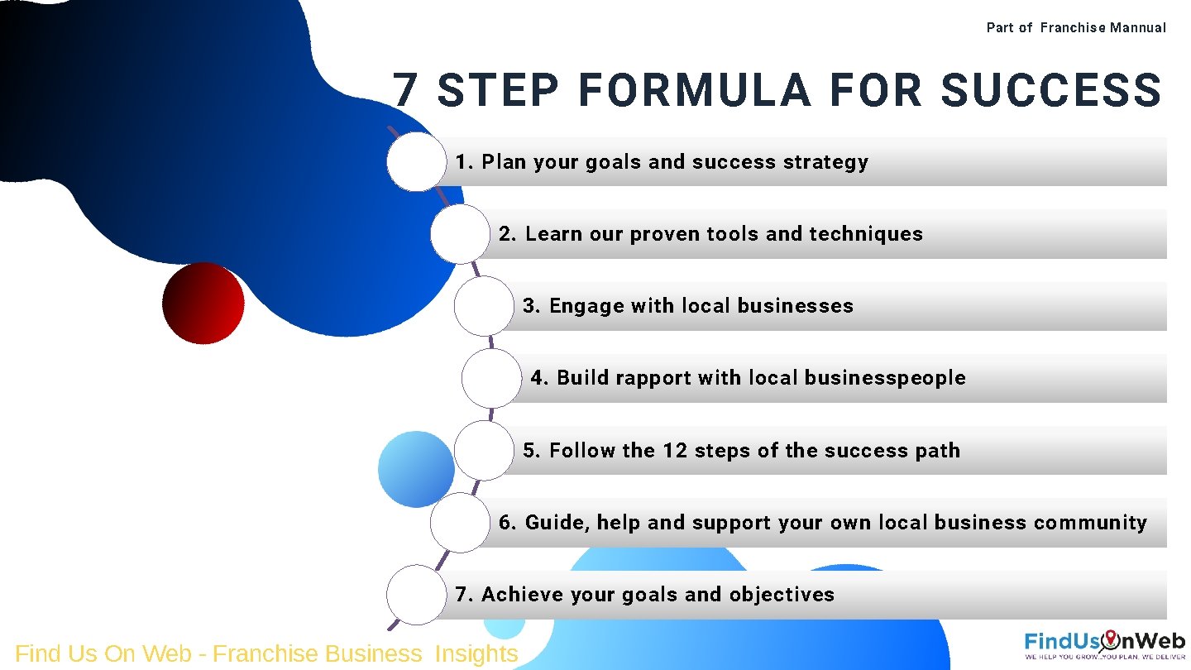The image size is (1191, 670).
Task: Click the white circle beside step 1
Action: pyautogui.click(x=416, y=162)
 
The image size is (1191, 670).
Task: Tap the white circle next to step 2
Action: pyautogui.click(x=460, y=234)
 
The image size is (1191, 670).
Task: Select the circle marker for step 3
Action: pyautogui.click(x=484, y=306)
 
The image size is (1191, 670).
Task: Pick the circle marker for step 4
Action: pyautogui.click(x=491, y=378)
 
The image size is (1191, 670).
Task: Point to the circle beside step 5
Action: pyautogui.click(x=484, y=451)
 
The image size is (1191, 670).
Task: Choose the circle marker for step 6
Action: pyautogui.click(x=460, y=523)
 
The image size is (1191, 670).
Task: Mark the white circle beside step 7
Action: pyautogui.click(x=416, y=595)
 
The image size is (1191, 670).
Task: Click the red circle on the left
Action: pyautogui.click(x=203, y=303)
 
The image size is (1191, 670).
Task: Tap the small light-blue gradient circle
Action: pyautogui.click(x=416, y=469)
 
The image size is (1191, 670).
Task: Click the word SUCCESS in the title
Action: pyautogui.click(x=1051, y=90)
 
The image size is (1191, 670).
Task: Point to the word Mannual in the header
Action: pyautogui.click(x=1138, y=27)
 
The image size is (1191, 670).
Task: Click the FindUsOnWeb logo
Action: pyautogui.click(x=1104, y=644)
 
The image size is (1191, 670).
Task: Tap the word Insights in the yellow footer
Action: pyautogui.click(x=476, y=653)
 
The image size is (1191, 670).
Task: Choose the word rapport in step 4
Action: pyautogui.click(x=653, y=378)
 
